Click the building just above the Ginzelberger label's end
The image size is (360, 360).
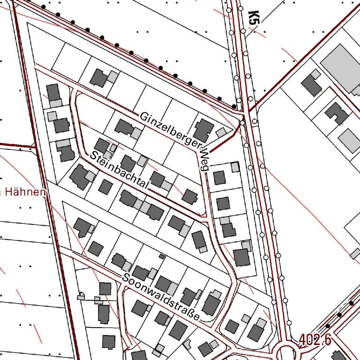pos(203,128)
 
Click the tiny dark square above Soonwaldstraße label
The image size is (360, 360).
pos(162,256)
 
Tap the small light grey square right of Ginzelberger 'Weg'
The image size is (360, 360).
pos(235,166)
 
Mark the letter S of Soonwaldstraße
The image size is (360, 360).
pos(125,277)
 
